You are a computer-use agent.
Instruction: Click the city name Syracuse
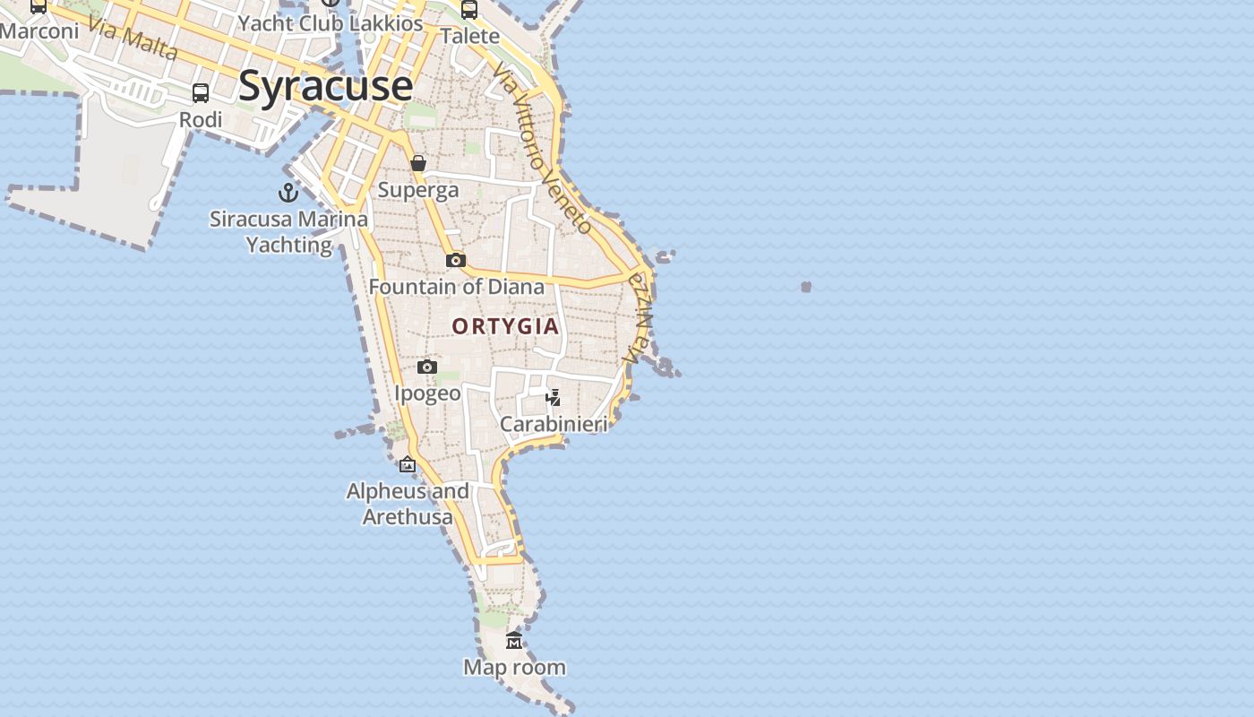pos(325,87)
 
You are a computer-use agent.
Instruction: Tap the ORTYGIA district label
pos(505,326)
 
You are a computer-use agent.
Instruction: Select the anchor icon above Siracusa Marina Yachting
pos(288,193)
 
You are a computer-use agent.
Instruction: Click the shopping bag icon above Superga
pos(418,163)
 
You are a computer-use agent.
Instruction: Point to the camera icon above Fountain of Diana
pos(456,260)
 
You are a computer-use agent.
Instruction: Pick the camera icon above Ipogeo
pos(427,367)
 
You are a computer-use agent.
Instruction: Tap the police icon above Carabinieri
pos(554,397)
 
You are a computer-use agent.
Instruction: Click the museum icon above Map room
pos(514,640)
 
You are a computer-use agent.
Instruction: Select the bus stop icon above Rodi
pos(201,93)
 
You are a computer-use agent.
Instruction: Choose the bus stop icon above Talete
pos(469,10)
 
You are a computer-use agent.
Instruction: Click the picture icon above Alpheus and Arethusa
pos(408,464)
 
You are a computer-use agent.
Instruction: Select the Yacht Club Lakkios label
pos(331,23)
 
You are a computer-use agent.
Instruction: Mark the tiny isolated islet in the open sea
pos(806,287)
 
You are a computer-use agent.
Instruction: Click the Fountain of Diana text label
pos(457,287)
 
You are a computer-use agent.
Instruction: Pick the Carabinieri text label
pos(554,424)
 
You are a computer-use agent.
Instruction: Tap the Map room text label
pos(514,667)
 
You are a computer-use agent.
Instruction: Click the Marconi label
pos(39,31)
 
